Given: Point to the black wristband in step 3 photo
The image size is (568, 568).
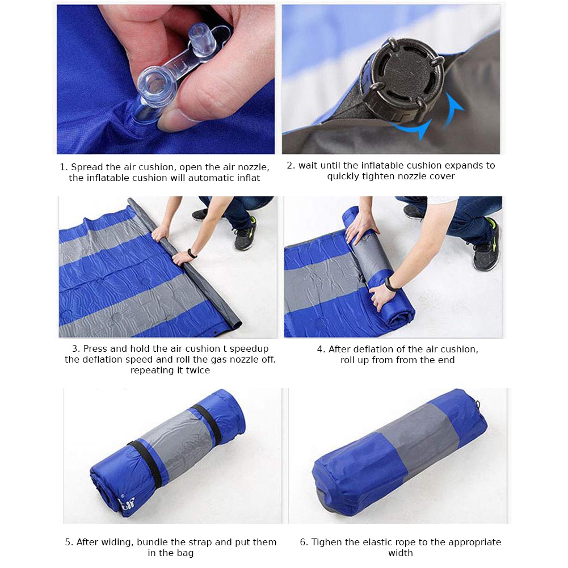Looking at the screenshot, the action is point(192,253).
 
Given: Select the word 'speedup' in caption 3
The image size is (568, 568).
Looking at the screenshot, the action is point(249,349).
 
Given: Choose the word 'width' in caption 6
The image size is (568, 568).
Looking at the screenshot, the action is point(400,553).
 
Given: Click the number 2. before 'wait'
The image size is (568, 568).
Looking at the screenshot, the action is point(291,166).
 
